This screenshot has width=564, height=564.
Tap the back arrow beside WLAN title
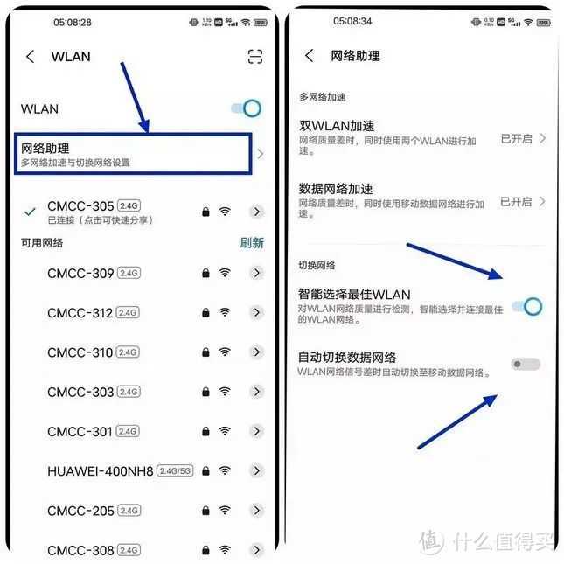[x=31, y=57]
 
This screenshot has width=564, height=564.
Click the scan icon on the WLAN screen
[x=254, y=57]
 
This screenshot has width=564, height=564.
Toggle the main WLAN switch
[x=247, y=108]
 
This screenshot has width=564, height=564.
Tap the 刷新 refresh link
[x=252, y=243]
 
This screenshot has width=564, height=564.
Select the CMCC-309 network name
[x=80, y=274]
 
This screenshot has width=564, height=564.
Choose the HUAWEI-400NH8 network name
[x=101, y=470]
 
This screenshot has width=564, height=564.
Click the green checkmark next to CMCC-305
[x=31, y=212]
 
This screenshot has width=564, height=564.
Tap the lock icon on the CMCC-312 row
[x=205, y=313]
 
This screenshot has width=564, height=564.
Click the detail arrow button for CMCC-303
[x=256, y=392]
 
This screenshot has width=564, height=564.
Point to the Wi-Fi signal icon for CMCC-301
[x=225, y=431]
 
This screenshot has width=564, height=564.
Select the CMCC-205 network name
[x=80, y=511]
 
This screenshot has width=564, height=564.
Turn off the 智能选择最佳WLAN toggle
[x=526, y=306]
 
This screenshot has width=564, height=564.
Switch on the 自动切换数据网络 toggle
[x=526, y=364]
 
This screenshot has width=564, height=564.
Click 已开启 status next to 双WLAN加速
[x=516, y=138]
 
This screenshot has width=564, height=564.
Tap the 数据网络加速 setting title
[x=336, y=189]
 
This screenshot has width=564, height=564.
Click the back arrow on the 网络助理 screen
[x=309, y=56]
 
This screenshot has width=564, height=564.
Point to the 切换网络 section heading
[x=317, y=265]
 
